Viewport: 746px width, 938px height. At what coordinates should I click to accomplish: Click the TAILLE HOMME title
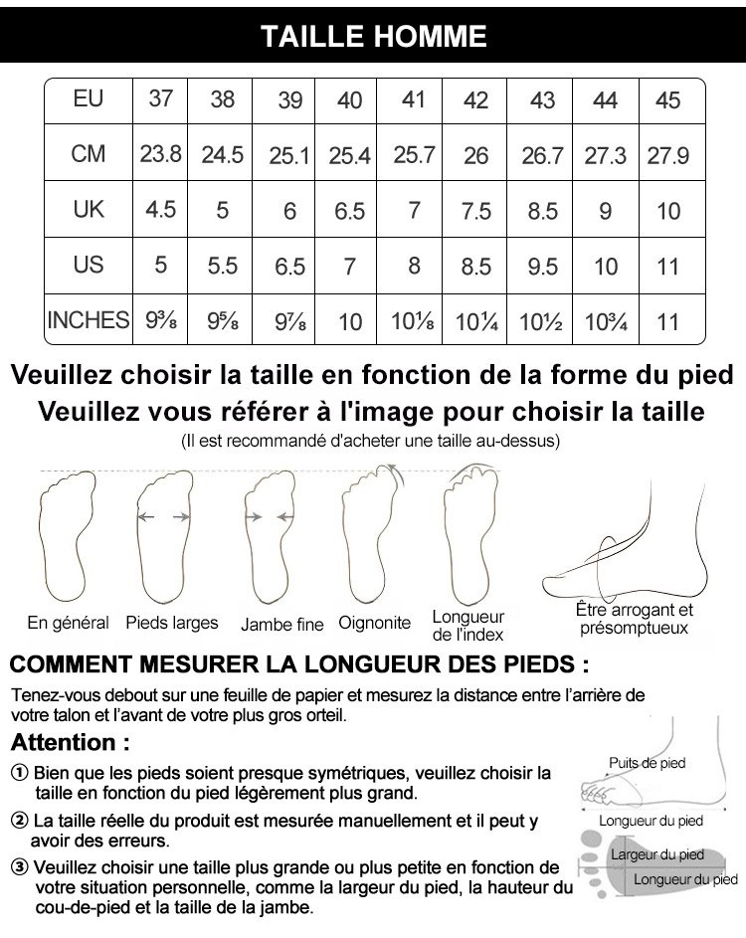coord(373,37)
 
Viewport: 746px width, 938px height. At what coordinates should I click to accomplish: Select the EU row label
coord(89,98)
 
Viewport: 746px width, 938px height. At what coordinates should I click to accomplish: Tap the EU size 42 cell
coord(476,100)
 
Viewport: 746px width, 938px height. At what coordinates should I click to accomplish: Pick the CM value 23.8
coord(160,154)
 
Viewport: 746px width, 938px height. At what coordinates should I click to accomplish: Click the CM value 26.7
coord(543,156)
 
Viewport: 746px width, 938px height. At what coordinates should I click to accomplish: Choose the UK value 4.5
coord(160,210)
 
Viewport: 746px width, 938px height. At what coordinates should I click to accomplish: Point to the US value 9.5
coord(543,268)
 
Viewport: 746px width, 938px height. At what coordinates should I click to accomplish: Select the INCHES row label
coord(89,320)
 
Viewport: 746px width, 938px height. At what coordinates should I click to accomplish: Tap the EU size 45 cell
coord(668,100)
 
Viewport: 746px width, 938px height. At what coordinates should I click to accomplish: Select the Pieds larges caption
coord(172,624)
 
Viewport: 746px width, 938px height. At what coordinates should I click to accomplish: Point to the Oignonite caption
coord(374,624)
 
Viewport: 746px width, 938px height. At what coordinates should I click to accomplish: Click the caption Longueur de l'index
coord(468,626)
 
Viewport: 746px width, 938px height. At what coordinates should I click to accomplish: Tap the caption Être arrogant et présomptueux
coord(635,619)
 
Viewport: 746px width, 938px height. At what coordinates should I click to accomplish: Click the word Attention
coord(70,742)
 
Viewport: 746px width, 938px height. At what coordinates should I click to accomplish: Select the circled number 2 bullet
coord(20,822)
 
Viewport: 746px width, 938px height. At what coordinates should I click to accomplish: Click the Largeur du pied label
coord(656,854)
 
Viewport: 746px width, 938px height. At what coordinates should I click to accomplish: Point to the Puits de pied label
coord(647,763)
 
